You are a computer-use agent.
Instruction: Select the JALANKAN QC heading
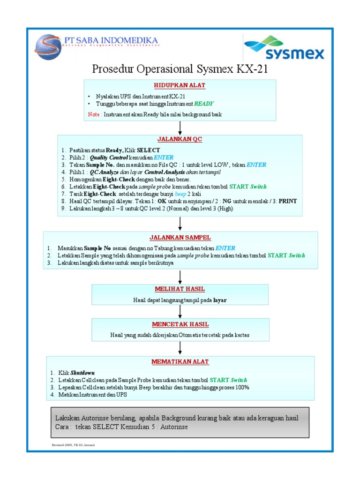[180, 139]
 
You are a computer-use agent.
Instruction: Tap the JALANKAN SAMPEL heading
[180, 238]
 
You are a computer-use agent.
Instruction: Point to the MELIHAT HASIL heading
[180, 289]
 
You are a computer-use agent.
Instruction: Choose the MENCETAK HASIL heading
[180, 324]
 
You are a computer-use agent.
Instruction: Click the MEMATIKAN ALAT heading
[180, 362]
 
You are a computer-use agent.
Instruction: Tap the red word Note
[94, 114]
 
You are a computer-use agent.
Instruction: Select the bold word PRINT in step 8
[287, 201]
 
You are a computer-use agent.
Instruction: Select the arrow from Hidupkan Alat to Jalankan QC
[180, 127]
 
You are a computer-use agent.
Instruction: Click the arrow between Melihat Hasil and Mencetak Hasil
[180, 311]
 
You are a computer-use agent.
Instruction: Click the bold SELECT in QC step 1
[148, 150]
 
